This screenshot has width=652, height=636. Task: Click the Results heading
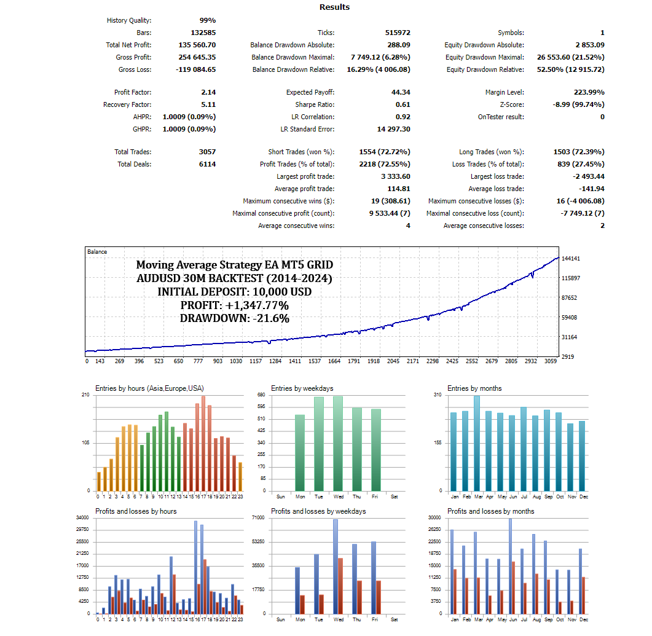[x=334, y=7]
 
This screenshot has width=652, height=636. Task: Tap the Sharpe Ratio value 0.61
[x=403, y=104]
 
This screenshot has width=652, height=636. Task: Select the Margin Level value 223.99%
[x=589, y=92]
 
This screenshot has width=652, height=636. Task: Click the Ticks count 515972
[x=398, y=33]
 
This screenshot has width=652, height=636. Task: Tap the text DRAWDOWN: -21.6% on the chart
[x=235, y=318]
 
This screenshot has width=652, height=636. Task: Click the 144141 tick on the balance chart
[x=571, y=259]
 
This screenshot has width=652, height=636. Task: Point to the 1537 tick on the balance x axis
[x=315, y=361]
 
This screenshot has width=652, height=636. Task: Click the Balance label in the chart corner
[x=97, y=252]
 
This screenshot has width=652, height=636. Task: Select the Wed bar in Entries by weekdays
[x=338, y=444]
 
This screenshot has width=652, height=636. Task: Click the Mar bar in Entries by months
[x=477, y=443]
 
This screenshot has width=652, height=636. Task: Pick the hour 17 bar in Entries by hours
[x=203, y=443]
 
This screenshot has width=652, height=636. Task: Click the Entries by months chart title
[x=474, y=388]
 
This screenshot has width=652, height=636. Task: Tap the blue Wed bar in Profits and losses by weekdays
[x=336, y=567]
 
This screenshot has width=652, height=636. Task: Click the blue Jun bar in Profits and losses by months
[x=510, y=566]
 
